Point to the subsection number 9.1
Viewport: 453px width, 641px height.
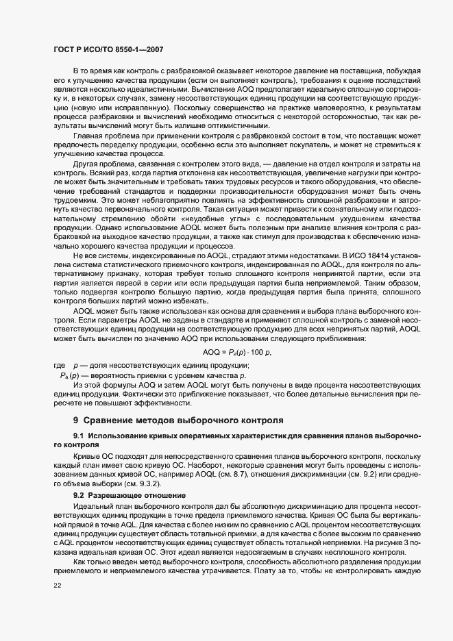click(x=79, y=436)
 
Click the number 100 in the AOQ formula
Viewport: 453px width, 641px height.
click(x=256, y=351)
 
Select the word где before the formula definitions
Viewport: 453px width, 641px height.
click(x=60, y=366)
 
